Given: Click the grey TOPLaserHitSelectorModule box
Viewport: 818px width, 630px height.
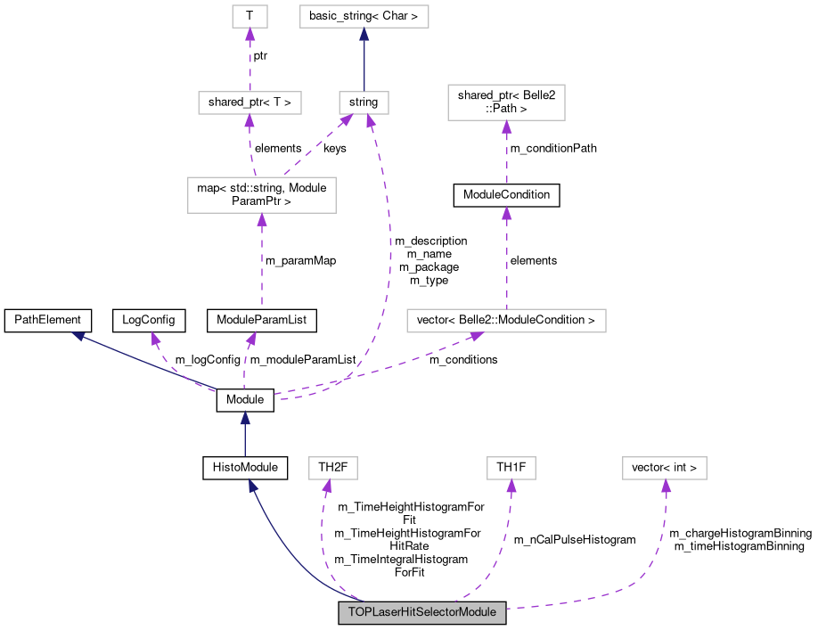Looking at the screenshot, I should pyautogui.click(x=421, y=613).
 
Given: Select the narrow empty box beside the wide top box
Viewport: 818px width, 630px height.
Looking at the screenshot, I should pyautogui.click(x=249, y=16).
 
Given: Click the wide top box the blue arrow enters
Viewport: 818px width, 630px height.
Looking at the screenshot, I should pyautogui.click(x=364, y=16).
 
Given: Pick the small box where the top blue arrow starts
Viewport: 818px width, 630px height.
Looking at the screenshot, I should pyautogui.click(x=364, y=102).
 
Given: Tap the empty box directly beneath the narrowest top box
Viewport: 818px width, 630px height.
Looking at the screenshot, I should pyautogui.click(x=249, y=102).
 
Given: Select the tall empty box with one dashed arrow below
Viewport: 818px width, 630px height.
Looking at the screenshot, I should pyautogui.click(x=506, y=102).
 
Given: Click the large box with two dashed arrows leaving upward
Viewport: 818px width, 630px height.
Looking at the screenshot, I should pyautogui.click(x=261, y=195).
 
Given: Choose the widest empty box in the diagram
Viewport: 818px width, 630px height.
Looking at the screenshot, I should pyautogui.click(x=506, y=321).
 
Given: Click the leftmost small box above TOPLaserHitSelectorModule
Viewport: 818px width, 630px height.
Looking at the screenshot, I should pyautogui.click(x=332, y=468).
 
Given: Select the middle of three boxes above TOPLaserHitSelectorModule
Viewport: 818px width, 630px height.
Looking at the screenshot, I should pyautogui.click(x=511, y=468).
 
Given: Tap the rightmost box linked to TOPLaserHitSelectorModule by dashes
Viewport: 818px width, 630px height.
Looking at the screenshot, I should pyautogui.click(x=664, y=468).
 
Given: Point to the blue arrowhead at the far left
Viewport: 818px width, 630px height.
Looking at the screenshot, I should pyautogui.click(x=78, y=336).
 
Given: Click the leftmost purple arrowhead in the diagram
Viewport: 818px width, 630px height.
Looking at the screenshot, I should pyautogui.click(x=155, y=338).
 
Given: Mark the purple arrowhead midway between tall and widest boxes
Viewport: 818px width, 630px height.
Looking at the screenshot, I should pyautogui.click(x=506, y=212).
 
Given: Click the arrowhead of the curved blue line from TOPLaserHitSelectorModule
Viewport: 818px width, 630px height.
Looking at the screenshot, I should pyautogui.click(x=253, y=486).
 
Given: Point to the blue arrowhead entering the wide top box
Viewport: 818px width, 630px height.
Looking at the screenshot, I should pyautogui.click(x=364, y=35).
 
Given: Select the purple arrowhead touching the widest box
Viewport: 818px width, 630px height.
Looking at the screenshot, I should pyautogui.click(x=477, y=337).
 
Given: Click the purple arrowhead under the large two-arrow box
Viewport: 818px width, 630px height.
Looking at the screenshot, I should pyautogui.click(x=261, y=219).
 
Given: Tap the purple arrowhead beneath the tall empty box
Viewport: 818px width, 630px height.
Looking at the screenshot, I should pyautogui.click(x=506, y=127).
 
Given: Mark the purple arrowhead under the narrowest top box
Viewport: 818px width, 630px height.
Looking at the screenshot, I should pyautogui.click(x=249, y=34).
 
